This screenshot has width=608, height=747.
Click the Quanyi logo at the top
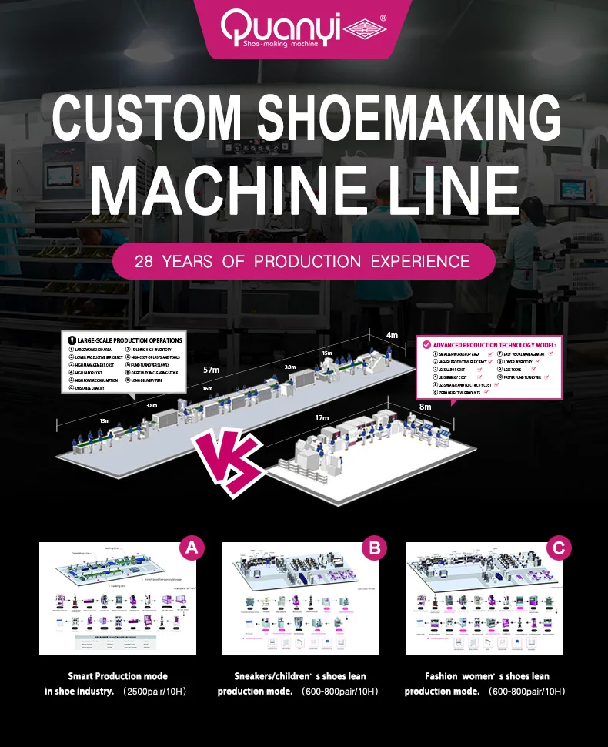click(305, 28)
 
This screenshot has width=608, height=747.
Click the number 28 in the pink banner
click(146, 261)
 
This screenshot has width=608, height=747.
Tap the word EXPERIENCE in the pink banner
click(420, 261)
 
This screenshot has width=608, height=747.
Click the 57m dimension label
click(210, 370)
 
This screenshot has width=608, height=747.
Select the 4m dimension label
click(392, 334)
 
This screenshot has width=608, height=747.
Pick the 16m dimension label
click(207, 389)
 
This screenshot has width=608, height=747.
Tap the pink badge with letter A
click(192, 548)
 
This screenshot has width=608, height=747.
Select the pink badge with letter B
click(375, 548)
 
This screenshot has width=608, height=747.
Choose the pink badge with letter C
click(559, 548)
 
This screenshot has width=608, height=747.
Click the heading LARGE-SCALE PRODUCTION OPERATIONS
click(129, 340)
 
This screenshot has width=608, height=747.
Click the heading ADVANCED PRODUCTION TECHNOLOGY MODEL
click(493, 344)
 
